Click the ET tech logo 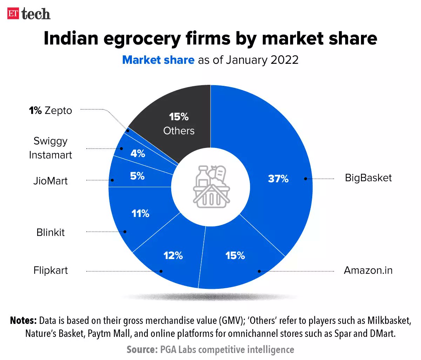[x=29, y=14]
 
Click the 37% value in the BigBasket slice [x=278, y=179]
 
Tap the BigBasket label [x=368, y=178]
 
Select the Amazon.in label [x=368, y=270]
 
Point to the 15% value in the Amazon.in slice [x=235, y=256]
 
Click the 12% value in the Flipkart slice [x=173, y=256]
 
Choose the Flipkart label [x=51, y=270]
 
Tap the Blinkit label [x=51, y=232]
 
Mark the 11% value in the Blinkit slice [x=140, y=213]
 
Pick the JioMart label [x=51, y=181]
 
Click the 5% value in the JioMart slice [x=137, y=176]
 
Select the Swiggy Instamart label [x=51, y=148]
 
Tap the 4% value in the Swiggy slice [x=138, y=153]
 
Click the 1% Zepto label [x=51, y=110]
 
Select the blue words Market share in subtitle [x=158, y=60]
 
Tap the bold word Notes [x=23, y=320]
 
